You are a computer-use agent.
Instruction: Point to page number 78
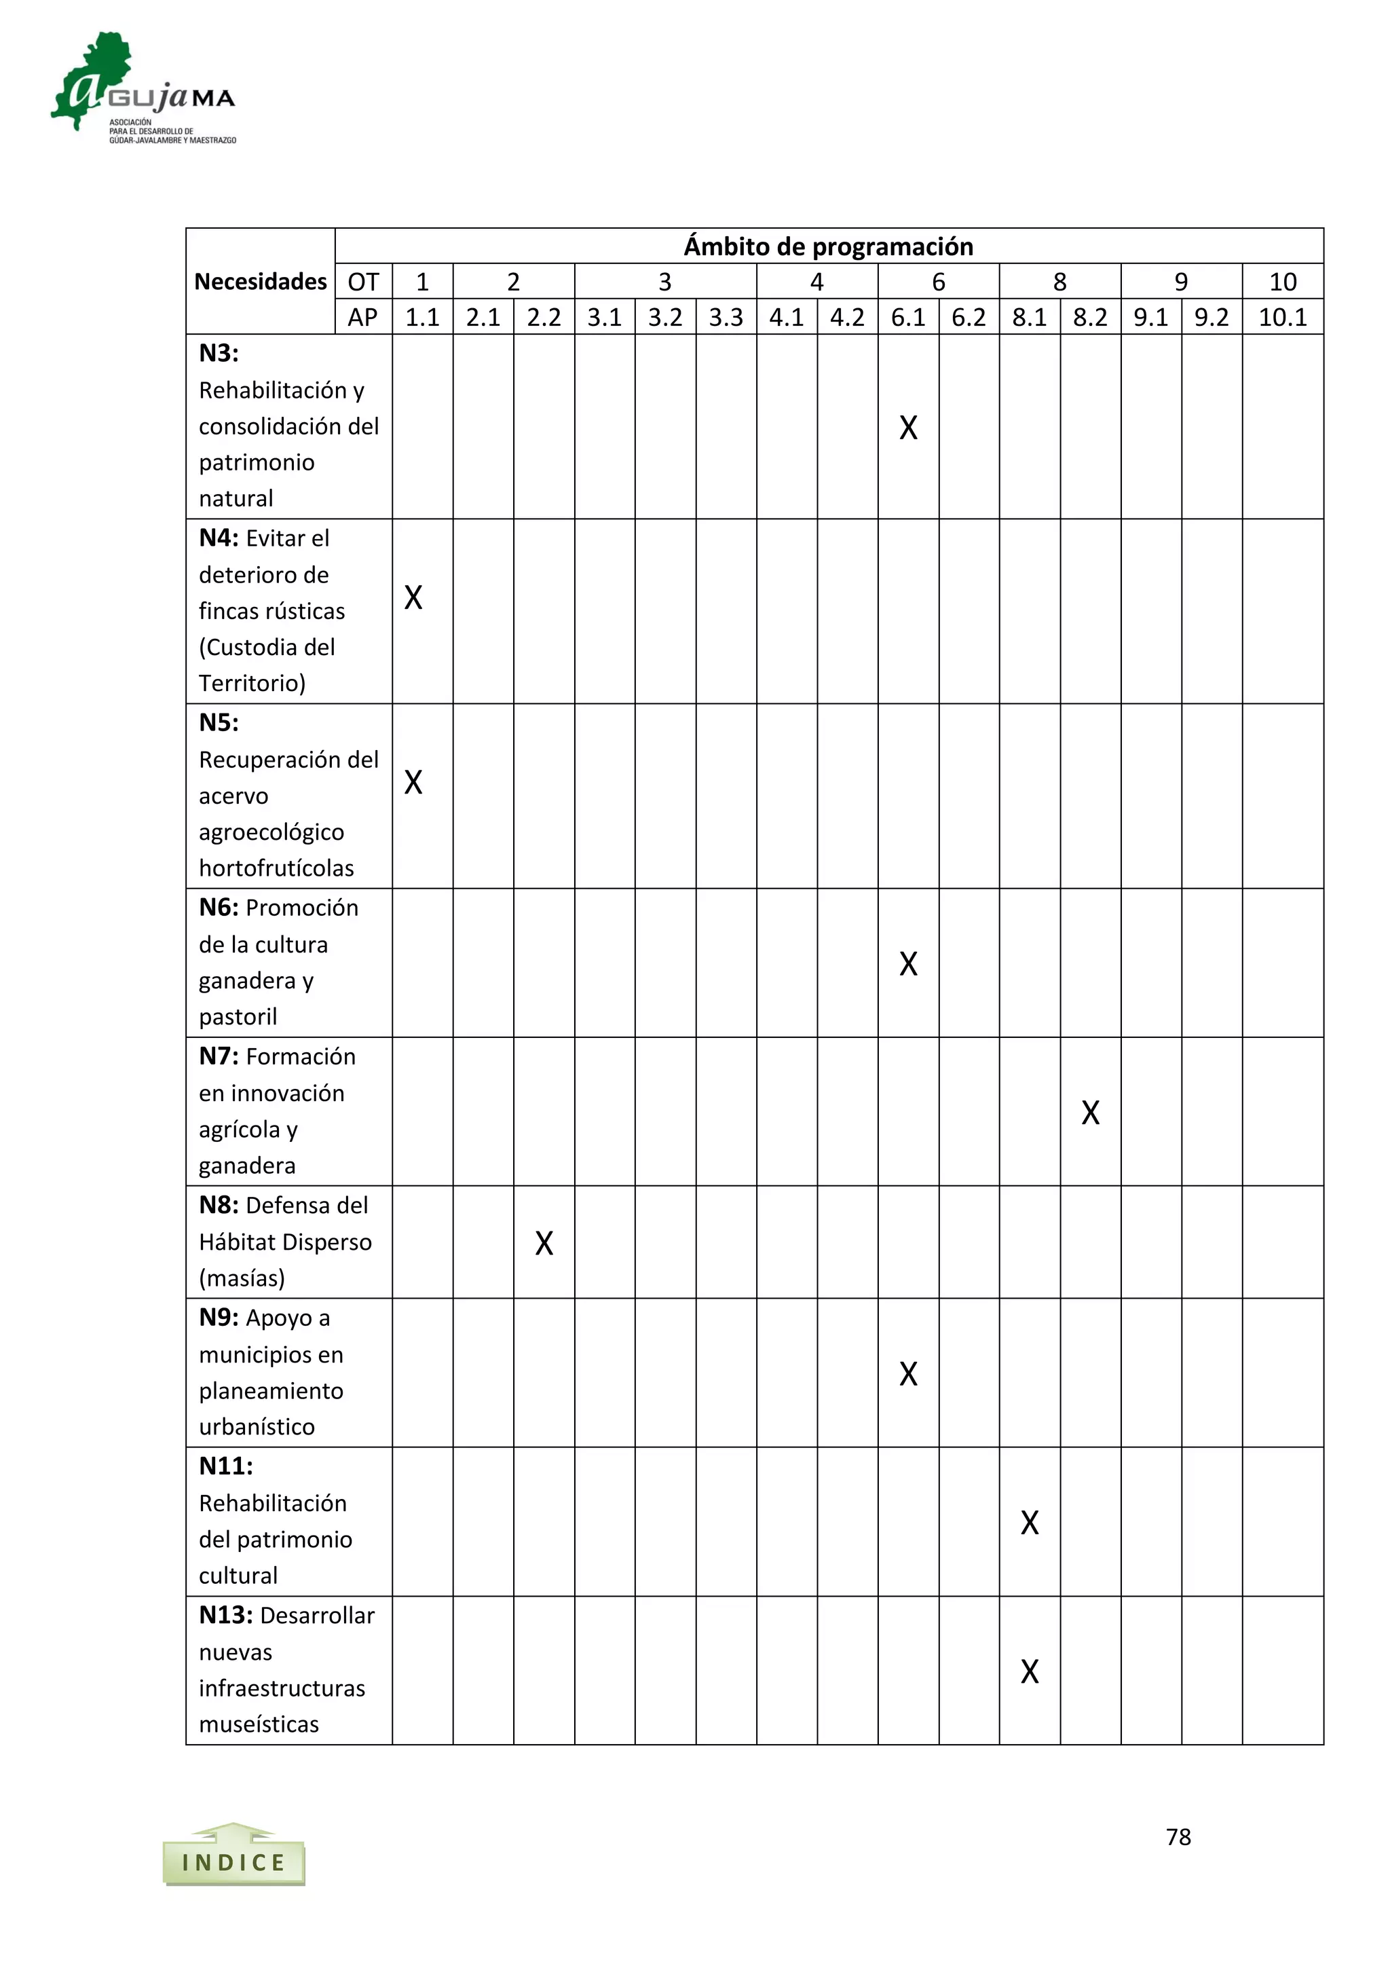pos(1178,1837)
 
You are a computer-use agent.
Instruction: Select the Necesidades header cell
pos(260,282)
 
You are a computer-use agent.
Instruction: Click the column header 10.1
pos(1282,318)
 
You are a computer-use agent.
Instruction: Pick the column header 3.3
pos(726,318)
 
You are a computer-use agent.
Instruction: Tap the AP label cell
pos(363,318)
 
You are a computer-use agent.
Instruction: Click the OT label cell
pos(363,282)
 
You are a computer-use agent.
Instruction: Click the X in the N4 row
pos(413,597)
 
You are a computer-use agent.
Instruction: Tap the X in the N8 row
pos(544,1242)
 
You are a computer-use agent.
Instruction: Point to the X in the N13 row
pos(1030,1671)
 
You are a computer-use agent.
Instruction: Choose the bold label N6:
pos(219,908)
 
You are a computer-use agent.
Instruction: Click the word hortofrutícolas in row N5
pos(276,868)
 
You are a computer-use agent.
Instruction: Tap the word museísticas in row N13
pos(259,1724)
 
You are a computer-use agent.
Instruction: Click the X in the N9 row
pos(908,1373)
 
